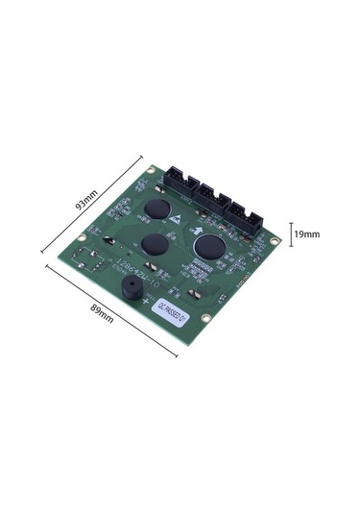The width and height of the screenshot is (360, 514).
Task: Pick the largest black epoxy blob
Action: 210,244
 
